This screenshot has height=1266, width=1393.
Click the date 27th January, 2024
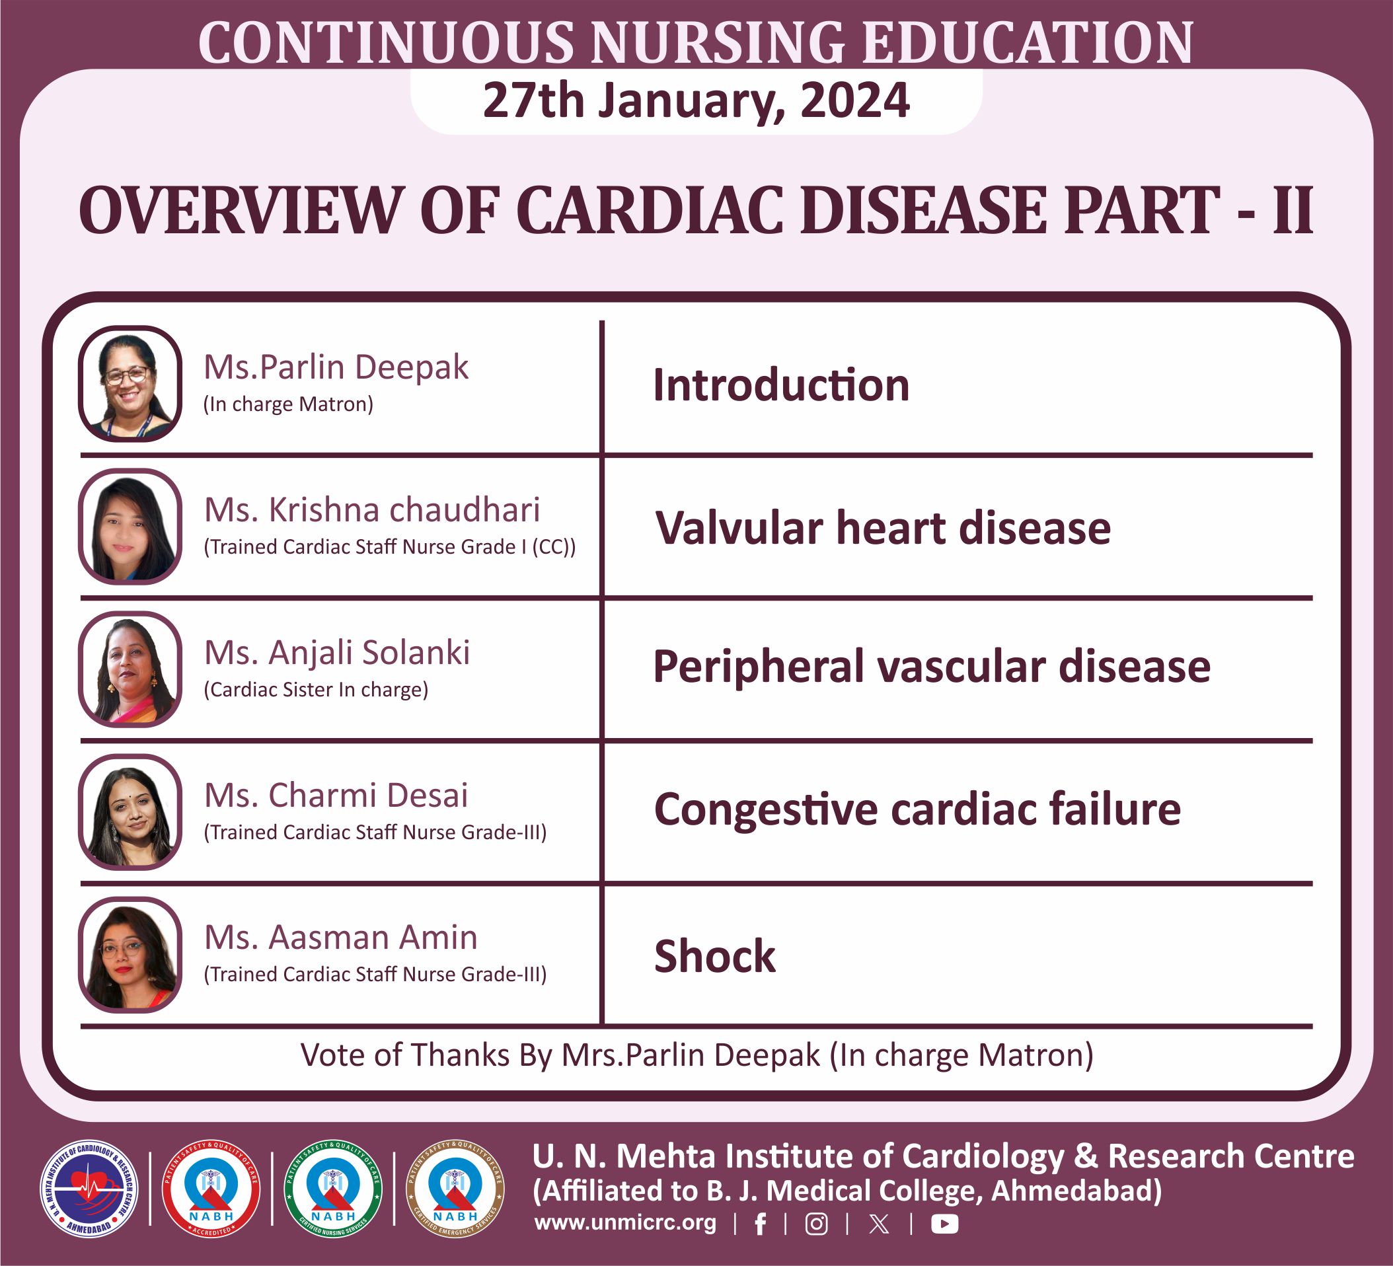point(696,101)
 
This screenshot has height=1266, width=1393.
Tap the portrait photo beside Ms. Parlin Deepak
point(130,383)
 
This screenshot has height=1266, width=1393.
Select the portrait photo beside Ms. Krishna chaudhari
point(130,527)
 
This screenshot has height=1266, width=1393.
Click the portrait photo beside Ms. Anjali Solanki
point(130,669)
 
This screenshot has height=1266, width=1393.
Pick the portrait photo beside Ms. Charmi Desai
point(130,812)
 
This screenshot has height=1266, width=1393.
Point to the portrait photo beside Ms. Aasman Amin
point(130,955)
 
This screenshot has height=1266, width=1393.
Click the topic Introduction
point(781,385)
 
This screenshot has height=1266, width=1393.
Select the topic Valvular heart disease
point(882,528)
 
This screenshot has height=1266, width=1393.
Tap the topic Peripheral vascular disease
point(932,667)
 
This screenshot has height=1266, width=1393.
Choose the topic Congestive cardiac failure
point(917,810)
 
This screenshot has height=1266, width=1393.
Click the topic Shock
point(714,956)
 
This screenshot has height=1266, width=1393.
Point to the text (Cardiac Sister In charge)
point(316,690)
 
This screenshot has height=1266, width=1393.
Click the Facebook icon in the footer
point(760,1224)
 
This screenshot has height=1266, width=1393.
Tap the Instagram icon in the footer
point(816,1224)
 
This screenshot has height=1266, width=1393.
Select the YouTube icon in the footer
point(944,1224)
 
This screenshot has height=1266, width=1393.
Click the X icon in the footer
point(879,1224)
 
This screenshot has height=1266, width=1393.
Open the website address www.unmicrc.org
point(624,1222)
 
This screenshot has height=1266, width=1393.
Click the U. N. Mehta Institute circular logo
point(89,1189)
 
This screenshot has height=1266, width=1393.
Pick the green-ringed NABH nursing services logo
point(333,1189)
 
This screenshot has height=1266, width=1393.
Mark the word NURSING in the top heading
point(717,43)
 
